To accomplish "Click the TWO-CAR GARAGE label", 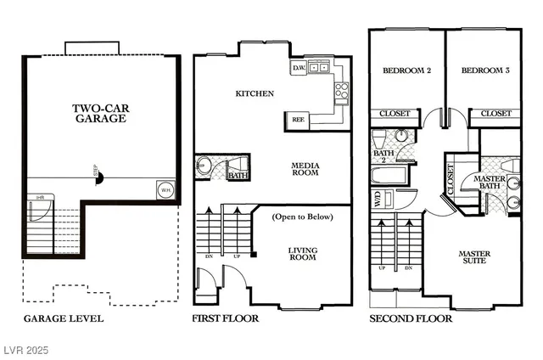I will [x=99, y=113].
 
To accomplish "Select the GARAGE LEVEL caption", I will [x=63, y=318].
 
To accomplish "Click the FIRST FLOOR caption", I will [x=227, y=318].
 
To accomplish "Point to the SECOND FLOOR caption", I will [x=411, y=318].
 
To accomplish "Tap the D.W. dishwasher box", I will [x=299, y=67].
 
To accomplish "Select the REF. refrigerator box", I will [x=299, y=120].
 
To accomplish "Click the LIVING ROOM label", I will [x=303, y=254].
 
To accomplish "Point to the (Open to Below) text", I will [x=303, y=217].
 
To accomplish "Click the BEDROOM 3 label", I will [x=485, y=71].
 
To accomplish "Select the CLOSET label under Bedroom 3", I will [x=496, y=113].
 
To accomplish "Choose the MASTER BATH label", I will [x=490, y=183].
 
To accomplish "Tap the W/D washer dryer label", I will [x=378, y=200].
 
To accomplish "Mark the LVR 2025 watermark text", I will [x=29, y=350].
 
